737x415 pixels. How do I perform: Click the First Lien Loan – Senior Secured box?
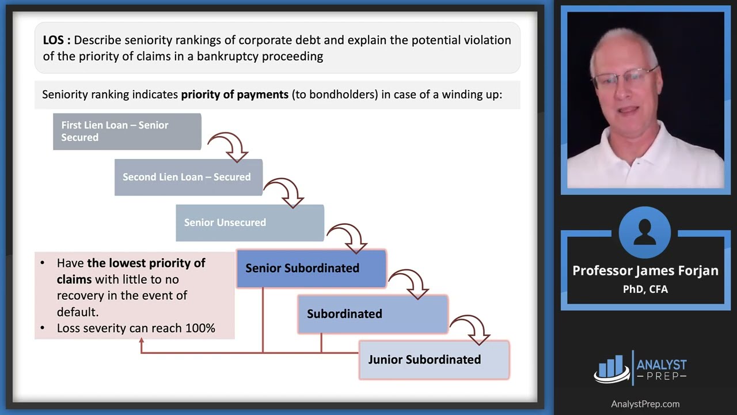(x=127, y=131)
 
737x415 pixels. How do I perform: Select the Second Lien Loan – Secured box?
(x=188, y=177)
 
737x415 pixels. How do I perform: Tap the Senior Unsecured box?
(x=249, y=222)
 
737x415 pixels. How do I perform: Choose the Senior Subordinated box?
(x=311, y=268)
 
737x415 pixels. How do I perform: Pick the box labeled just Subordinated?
(x=373, y=314)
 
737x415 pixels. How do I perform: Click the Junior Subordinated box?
(x=434, y=359)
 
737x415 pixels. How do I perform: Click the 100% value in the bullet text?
(x=200, y=328)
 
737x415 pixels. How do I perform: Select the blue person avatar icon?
(x=645, y=232)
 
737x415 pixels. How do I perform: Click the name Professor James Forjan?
(x=645, y=271)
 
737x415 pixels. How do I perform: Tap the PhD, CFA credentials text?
(x=645, y=289)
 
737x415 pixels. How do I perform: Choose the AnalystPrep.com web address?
(x=645, y=404)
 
